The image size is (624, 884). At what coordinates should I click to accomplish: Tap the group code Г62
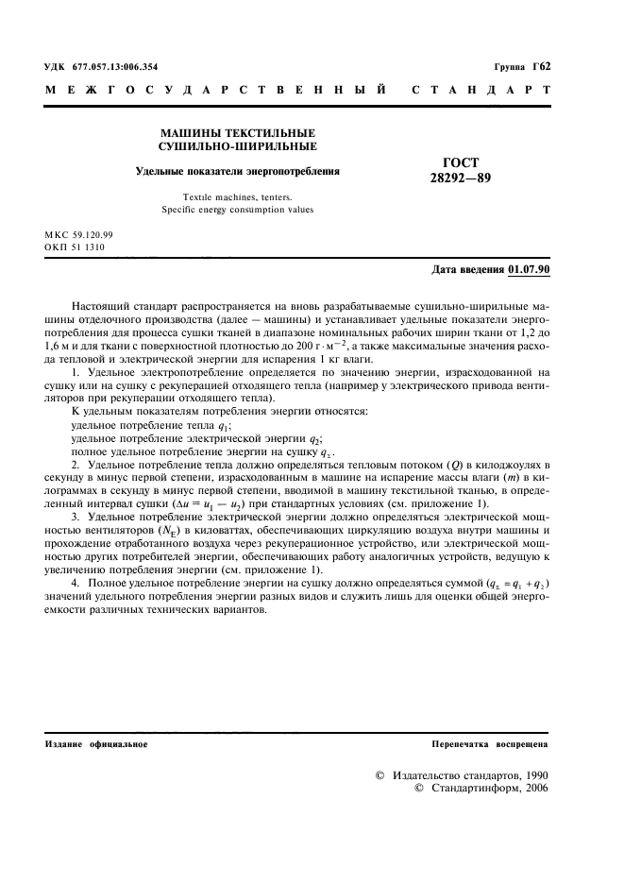point(539,67)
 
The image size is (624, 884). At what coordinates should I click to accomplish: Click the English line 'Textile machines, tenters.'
point(237,196)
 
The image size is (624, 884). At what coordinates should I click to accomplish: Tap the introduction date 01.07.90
point(530,269)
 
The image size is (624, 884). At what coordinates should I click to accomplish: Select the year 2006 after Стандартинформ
point(535,788)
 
